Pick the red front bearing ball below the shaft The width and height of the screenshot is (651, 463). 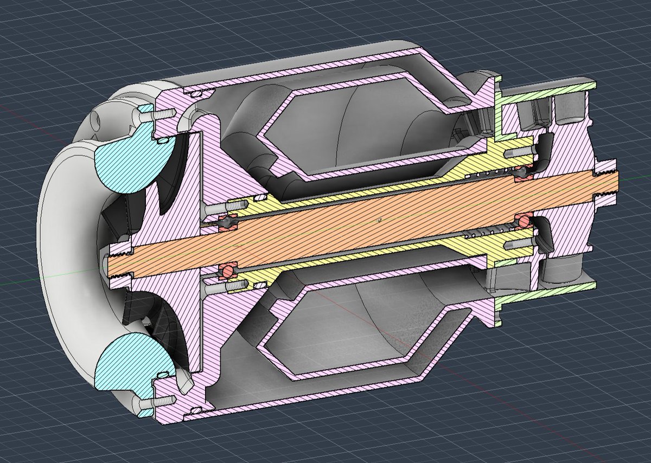[226, 269]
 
